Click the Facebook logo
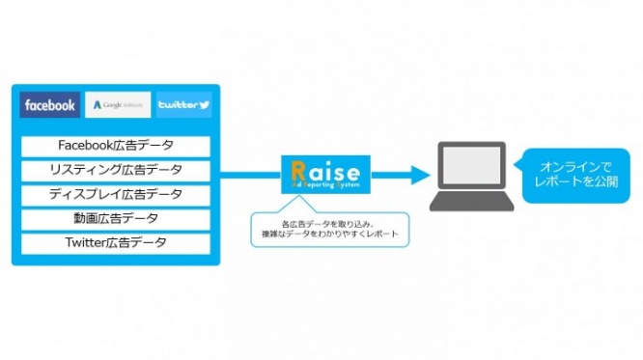tap(50, 104)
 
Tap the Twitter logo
tap(183, 104)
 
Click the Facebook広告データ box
tap(116, 146)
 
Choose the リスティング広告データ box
tap(116, 170)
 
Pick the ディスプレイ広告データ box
tap(116, 194)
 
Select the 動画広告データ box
tap(116, 218)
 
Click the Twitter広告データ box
tap(116, 242)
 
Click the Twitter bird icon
tap(204, 104)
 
